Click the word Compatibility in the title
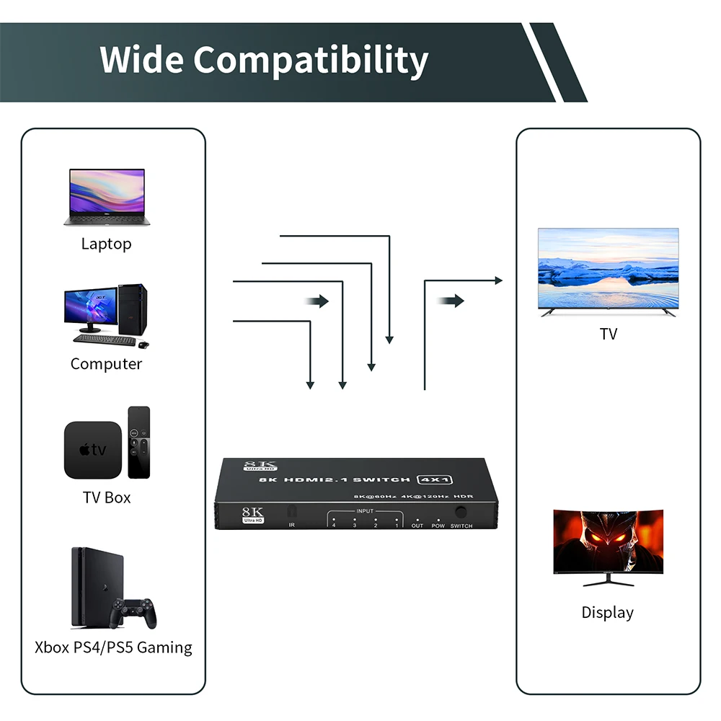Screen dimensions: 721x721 click(311, 61)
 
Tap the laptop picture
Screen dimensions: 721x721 click(106, 197)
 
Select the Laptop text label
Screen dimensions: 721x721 click(106, 244)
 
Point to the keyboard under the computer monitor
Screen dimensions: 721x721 click(99, 338)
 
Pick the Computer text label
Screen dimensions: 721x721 click(106, 363)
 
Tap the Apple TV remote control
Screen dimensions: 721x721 click(139, 442)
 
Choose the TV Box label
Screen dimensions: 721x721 click(107, 497)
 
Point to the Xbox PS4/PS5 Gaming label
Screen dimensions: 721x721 click(113, 647)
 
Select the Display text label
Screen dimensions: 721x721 click(608, 613)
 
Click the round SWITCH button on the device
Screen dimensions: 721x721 click(461, 512)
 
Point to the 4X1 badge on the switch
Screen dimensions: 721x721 click(436, 479)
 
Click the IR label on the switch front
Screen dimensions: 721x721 click(292, 526)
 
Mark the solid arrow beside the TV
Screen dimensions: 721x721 click(451, 301)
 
